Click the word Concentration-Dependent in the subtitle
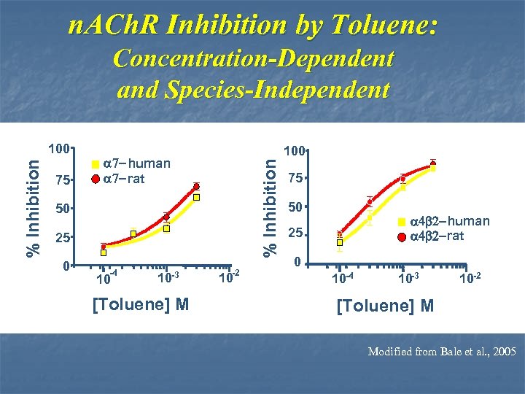coord(254,58)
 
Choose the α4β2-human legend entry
coord(449,221)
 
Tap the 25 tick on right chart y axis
coord(294,234)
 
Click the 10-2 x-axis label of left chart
coord(229,276)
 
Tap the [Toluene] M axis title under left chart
coord(141,303)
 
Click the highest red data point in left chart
coord(196,187)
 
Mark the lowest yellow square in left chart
coord(104,253)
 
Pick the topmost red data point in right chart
coord(433,163)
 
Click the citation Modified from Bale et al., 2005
coord(442,352)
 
